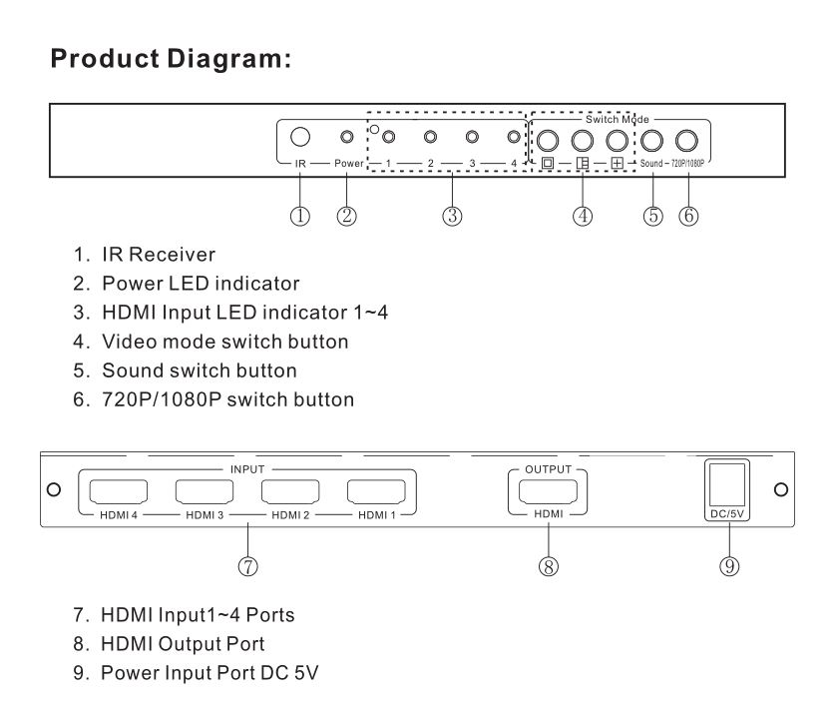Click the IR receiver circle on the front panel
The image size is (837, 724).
(300, 137)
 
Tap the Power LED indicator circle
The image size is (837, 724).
(347, 137)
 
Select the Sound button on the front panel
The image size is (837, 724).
(651, 141)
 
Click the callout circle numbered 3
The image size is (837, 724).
(452, 216)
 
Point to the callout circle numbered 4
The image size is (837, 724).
(583, 216)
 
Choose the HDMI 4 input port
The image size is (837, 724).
(119, 491)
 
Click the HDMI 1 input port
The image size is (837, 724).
(376, 491)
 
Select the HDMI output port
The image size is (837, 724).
(549, 491)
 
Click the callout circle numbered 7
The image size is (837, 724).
(247, 566)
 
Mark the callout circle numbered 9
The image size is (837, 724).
(729, 566)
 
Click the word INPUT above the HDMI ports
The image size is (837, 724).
(247, 469)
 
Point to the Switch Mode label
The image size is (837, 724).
(618, 119)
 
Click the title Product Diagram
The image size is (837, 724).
(171, 59)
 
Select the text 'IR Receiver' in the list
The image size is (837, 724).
(159, 255)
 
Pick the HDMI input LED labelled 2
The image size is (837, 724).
(430, 137)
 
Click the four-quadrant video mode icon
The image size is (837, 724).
(618, 163)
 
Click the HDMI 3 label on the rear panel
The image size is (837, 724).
(205, 515)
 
